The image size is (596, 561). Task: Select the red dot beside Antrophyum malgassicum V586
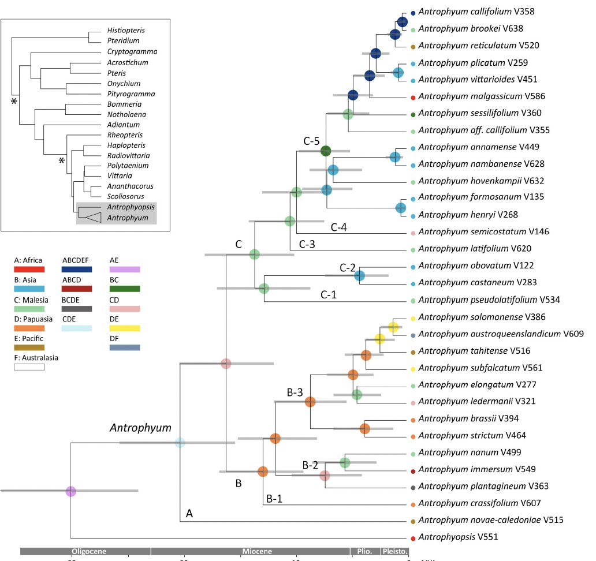pyautogui.click(x=413, y=96)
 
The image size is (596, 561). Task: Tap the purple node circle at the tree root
pyautogui.click(x=70, y=491)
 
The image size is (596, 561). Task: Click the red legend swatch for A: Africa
pyautogui.click(x=29, y=270)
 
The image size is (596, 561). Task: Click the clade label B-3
pyautogui.click(x=295, y=392)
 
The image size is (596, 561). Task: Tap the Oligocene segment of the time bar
pyautogui.click(x=85, y=551)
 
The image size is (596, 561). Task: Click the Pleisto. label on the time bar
pyautogui.click(x=394, y=551)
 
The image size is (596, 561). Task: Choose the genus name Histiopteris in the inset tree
pyautogui.click(x=126, y=30)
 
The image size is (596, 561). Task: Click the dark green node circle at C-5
pyautogui.click(x=326, y=151)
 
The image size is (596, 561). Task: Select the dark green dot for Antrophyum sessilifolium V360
pyautogui.click(x=413, y=113)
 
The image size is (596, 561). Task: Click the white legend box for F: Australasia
pyautogui.click(x=29, y=366)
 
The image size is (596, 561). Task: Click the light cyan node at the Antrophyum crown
pyautogui.click(x=180, y=443)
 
